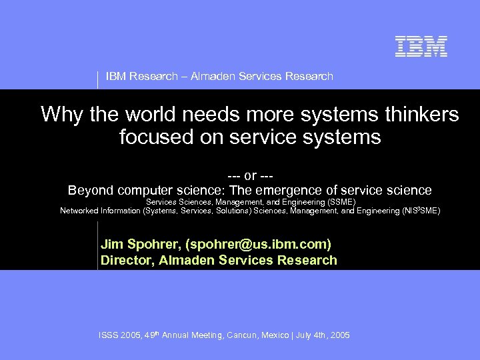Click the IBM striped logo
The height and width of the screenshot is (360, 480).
point(421,46)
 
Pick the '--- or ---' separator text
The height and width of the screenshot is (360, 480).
point(250,176)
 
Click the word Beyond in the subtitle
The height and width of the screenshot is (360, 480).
point(91,191)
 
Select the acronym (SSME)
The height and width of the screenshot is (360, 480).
point(341,202)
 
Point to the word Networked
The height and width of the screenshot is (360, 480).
point(79,211)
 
